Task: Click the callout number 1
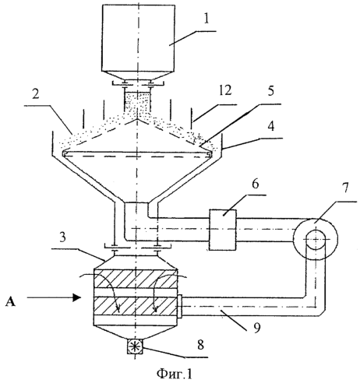(206, 19)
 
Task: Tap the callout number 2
(36, 93)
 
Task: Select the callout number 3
(62, 237)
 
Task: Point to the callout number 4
(271, 127)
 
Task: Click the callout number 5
(271, 91)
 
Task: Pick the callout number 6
(255, 184)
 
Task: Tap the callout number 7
(344, 188)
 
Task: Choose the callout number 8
(200, 345)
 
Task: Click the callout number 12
(224, 90)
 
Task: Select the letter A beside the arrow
(10, 302)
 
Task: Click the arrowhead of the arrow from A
(76, 297)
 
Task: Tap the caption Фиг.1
(175, 373)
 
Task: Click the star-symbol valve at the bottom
(135, 346)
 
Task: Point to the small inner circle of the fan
(316, 239)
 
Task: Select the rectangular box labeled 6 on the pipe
(223, 230)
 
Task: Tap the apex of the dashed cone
(136, 119)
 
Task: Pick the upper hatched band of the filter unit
(136, 279)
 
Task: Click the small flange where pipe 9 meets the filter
(179, 307)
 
